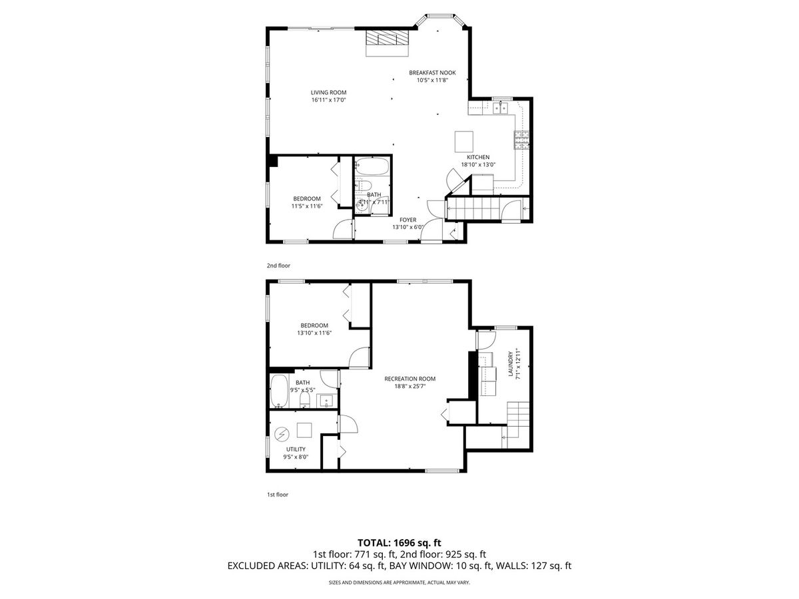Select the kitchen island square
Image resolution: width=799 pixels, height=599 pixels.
463,142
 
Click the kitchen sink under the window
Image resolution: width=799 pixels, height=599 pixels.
501,108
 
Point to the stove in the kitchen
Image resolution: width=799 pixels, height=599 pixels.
521,140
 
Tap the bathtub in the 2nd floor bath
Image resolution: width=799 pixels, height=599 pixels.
372,166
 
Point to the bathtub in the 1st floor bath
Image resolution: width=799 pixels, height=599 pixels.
279,391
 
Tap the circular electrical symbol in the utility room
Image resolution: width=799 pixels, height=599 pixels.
282,434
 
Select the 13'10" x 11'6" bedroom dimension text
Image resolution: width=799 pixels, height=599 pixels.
314,333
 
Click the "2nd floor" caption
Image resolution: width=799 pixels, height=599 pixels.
278,266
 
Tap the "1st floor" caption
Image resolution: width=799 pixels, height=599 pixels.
278,495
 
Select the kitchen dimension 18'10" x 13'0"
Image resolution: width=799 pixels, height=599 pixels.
478,164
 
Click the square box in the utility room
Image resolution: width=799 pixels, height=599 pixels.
304,430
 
